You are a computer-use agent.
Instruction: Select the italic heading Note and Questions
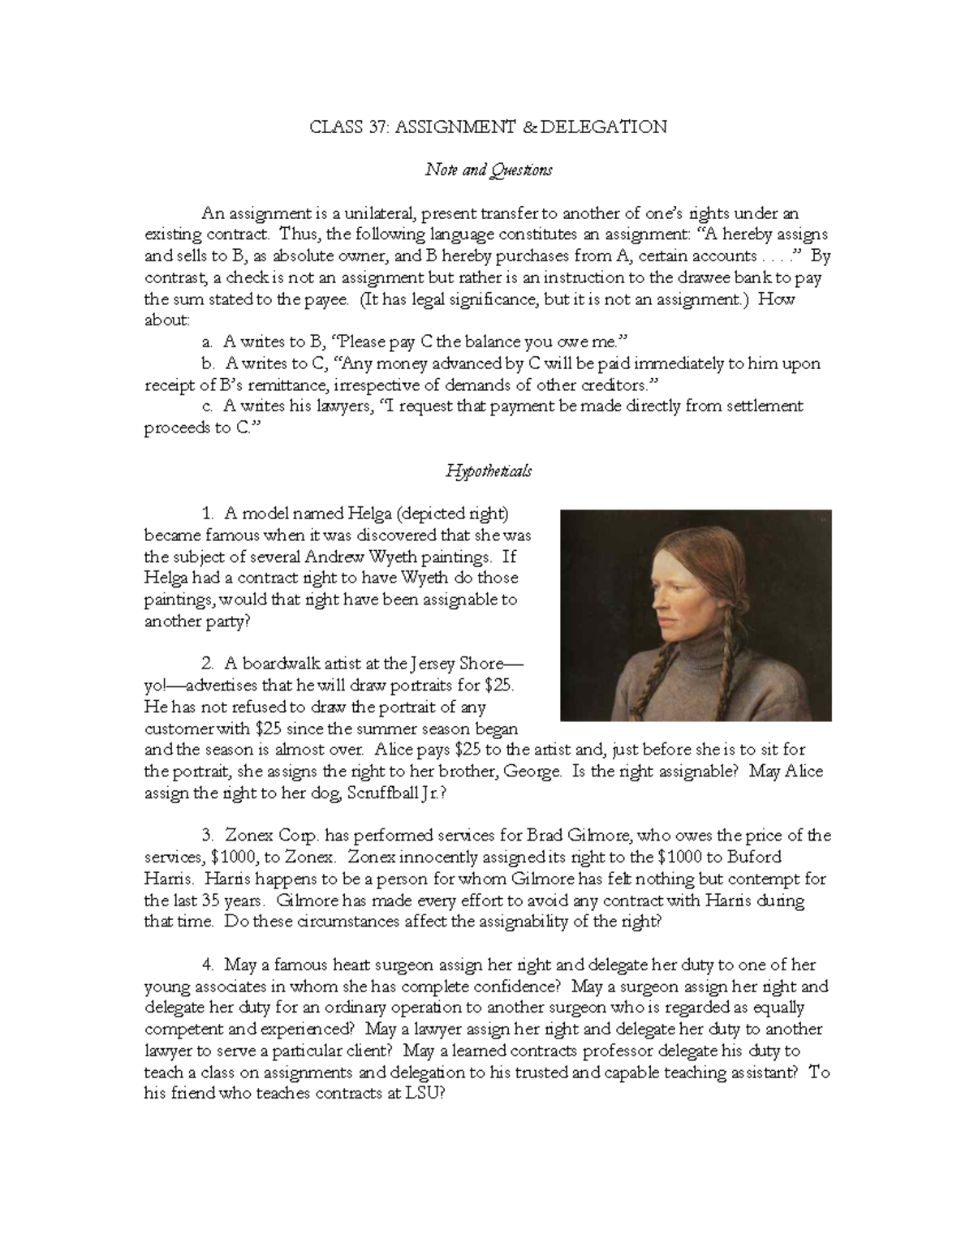click(x=489, y=170)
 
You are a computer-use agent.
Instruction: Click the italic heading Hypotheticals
click(x=489, y=471)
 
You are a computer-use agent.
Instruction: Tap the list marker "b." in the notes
click(x=210, y=363)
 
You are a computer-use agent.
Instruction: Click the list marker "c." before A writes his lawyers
click(x=209, y=406)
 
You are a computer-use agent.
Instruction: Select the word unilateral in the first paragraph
click(x=381, y=213)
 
